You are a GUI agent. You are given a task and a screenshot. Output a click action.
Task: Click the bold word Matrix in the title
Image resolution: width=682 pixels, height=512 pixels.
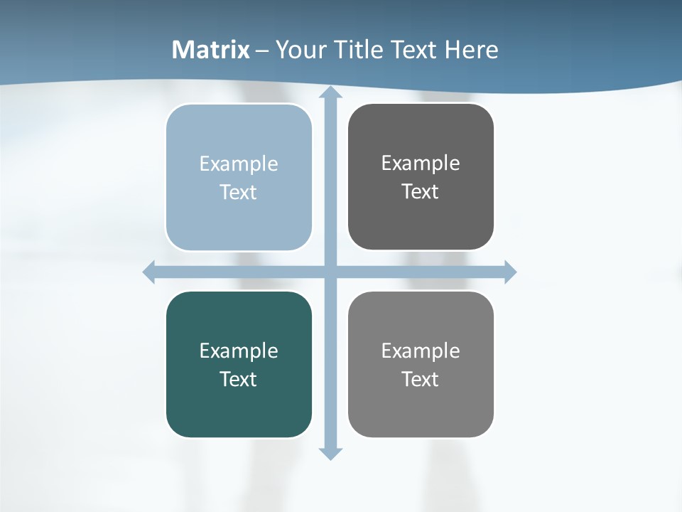coord(211,50)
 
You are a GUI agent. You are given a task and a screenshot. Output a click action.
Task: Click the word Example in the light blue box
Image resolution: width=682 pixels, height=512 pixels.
coord(239,164)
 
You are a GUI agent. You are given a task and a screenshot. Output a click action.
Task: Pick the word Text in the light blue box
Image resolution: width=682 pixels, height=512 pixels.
coord(239,192)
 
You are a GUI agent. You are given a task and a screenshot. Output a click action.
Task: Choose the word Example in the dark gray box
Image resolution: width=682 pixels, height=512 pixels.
coord(421,163)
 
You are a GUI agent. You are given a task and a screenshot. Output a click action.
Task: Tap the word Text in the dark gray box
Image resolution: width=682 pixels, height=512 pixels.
coord(421,191)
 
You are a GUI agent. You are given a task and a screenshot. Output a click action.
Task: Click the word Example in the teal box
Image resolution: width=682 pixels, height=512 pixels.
coord(239,351)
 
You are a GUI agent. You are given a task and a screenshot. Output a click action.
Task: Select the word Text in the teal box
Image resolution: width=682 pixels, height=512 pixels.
coord(239,379)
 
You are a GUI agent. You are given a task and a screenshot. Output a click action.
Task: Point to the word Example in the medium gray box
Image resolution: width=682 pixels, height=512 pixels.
coord(421,351)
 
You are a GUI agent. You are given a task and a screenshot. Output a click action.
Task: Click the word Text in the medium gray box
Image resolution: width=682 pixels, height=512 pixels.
coord(421,379)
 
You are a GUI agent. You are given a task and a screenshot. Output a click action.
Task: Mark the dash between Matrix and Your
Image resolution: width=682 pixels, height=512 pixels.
coord(262,50)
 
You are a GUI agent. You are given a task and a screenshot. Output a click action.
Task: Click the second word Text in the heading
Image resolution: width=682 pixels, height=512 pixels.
coord(414,50)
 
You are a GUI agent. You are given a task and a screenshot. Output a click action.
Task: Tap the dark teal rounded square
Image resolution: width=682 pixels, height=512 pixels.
coord(239,412)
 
